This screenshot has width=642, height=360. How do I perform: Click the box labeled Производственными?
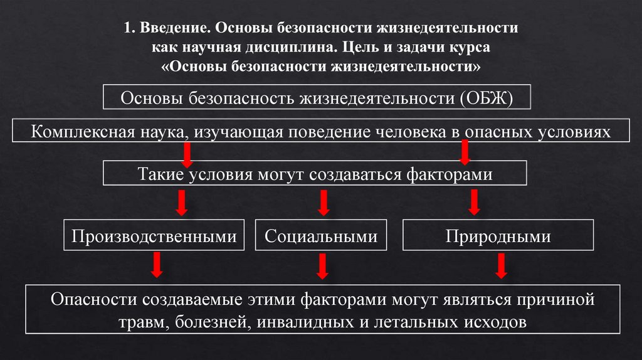[x=154, y=236]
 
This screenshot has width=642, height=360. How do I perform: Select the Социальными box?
[x=320, y=236]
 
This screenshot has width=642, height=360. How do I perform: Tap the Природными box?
[x=498, y=236]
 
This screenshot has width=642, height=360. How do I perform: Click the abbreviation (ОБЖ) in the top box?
[x=486, y=99]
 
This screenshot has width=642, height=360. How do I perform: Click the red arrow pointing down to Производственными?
[x=181, y=202]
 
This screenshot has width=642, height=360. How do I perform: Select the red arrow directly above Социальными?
[x=324, y=202]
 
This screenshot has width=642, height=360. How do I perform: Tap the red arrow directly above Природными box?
[x=474, y=202]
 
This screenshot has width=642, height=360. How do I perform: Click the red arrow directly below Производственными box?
[x=157, y=265]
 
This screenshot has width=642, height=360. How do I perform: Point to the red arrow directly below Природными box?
[x=500, y=265]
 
